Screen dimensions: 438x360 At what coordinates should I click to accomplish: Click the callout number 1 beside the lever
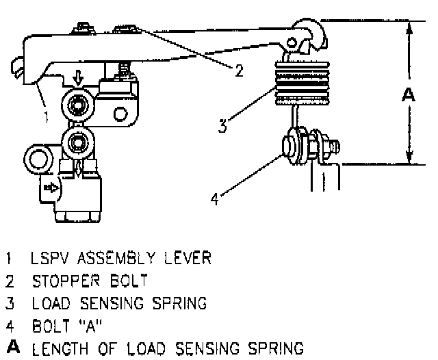tap(46, 117)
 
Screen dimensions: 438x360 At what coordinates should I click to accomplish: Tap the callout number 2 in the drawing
tap(238, 71)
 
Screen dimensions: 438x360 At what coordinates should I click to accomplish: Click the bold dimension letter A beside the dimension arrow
tap(408, 95)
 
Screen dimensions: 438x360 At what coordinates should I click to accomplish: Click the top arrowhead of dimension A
tap(408, 29)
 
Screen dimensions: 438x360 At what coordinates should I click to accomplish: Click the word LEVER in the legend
tap(189, 259)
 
